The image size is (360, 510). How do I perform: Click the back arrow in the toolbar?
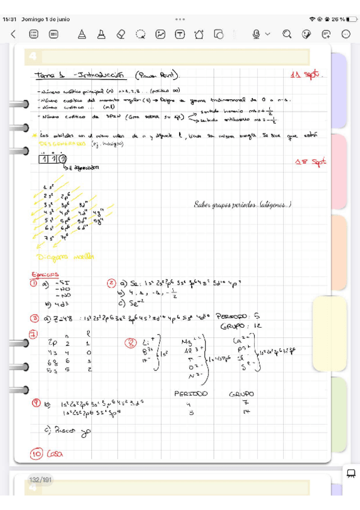[x=13, y=35]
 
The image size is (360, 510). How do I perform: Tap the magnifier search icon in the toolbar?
[x=287, y=35]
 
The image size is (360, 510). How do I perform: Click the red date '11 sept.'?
[x=306, y=76]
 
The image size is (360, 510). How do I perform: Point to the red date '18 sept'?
[x=311, y=162]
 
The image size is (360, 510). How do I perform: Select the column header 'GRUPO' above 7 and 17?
[x=242, y=394]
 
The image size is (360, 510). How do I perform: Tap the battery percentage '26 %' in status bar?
[x=336, y=19]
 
